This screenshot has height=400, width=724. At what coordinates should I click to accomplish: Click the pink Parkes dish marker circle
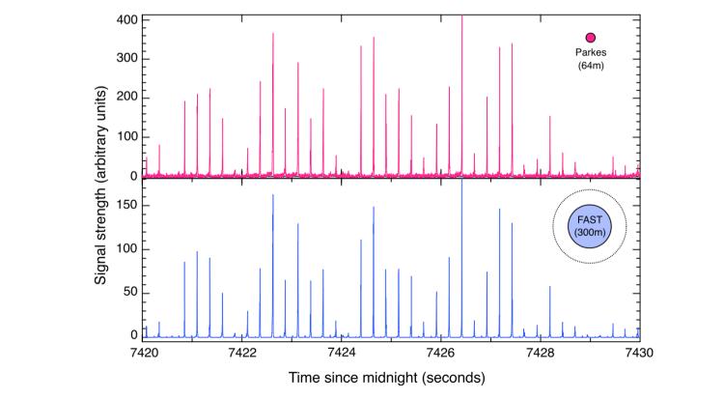[591, 38]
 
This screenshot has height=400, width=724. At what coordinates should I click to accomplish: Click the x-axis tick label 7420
[143, 353]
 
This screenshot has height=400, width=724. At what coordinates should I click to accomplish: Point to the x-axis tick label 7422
[242, 353]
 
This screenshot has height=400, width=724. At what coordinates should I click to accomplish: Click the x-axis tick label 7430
[638, 353]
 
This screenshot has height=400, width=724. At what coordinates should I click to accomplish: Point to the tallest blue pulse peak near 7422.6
[273, 196]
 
